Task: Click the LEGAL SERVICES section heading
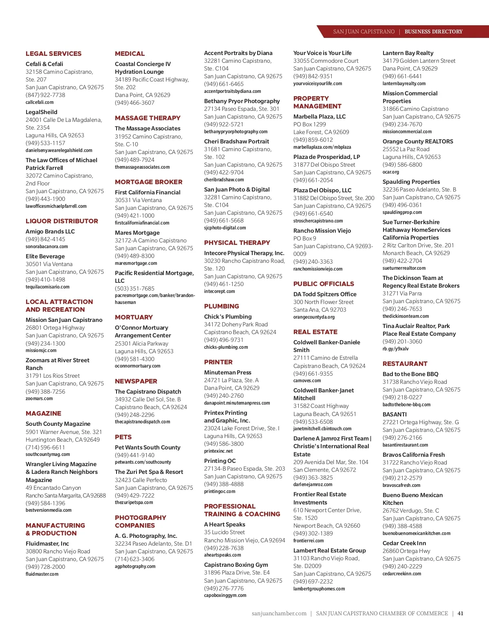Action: [x=53, y=54]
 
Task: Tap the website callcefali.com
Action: [x=40, y=102]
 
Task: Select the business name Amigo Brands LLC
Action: [x=50, y=231]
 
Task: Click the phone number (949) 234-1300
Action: [x=45, y=343]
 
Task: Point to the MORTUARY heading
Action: [x=134, y=317]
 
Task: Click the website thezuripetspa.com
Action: [x=134, y=502]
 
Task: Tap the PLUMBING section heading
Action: [x=222, y=306]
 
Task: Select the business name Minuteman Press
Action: [x=228, y=372]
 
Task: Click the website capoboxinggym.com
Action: [x=225, y=595]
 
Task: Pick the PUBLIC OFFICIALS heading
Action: [x=324, y=284]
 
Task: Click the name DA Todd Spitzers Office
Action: [x=325, y=294]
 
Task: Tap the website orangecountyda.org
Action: [x=314, y=317]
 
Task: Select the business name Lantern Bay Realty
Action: [x=408, y=53]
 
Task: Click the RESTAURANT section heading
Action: [x=405, y=364]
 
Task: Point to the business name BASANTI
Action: [x=394, y=414]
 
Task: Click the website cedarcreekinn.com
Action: [x=402, y=574]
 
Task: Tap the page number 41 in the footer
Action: [x=460, y=613]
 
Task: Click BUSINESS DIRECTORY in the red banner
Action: [x=434, y=32]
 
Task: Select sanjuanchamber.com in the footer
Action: [x=279, y=613]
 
